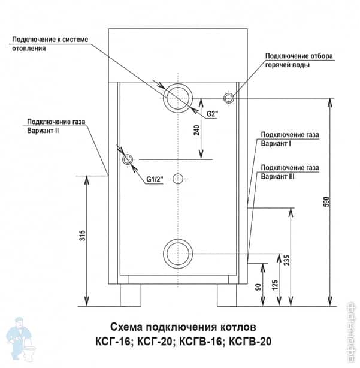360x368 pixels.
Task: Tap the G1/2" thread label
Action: coord(155,179)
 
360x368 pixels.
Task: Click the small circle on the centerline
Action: coord(178,178)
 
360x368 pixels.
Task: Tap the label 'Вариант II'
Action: coord(43,130)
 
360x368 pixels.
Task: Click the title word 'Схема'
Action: coord(129,328)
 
